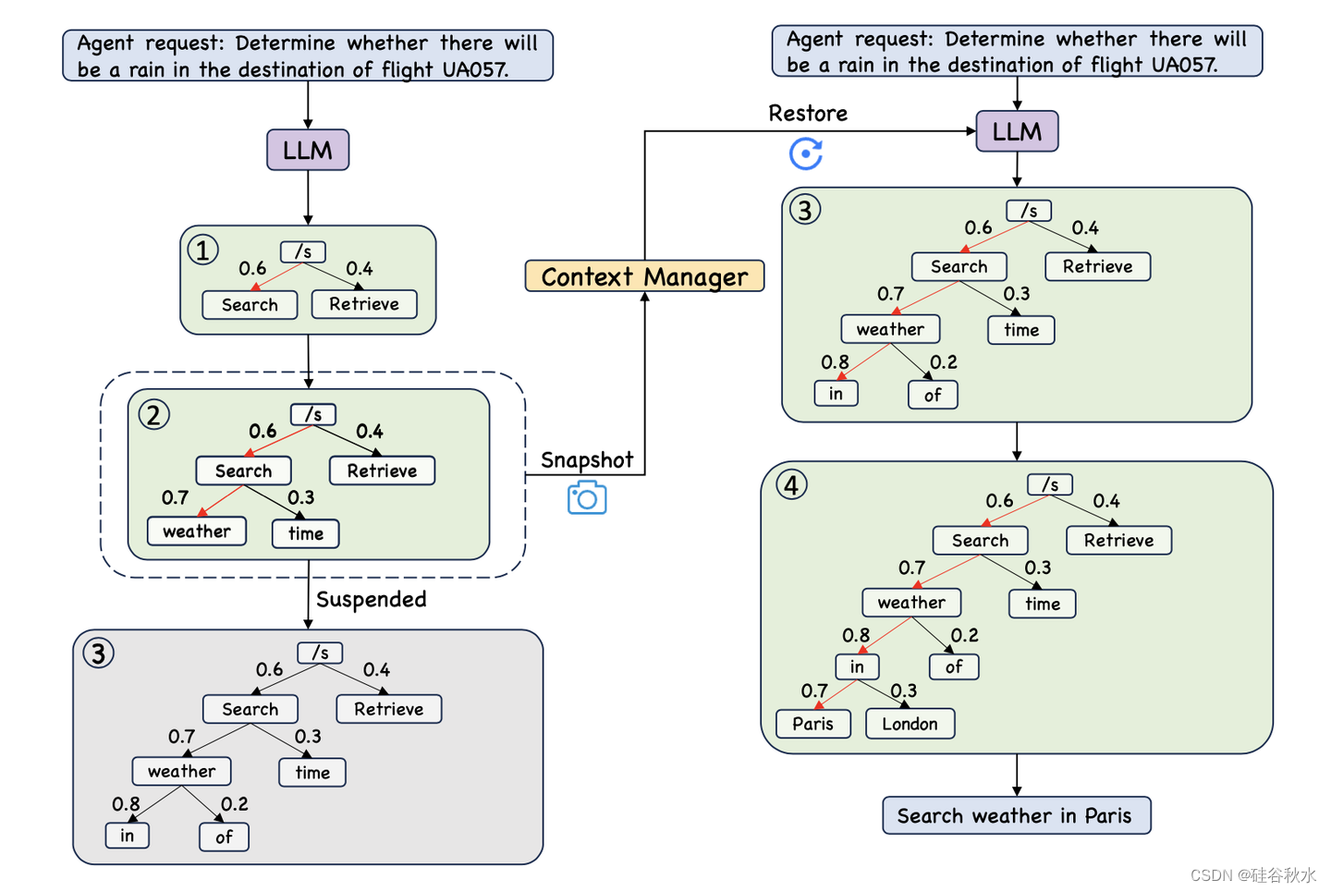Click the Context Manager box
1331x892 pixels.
[x=644, y=276]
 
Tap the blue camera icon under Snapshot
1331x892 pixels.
[x=587, y=498]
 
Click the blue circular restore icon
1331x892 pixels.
[x=806, y=153]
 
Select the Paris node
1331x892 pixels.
[x=812, y=724]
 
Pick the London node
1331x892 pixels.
[x=910, y=724]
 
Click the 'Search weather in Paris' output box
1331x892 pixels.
[x=1016, y=815]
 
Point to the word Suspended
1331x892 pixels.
[x=372, y=599]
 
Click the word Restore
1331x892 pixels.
[x=808, y=114]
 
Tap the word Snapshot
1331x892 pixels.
[x=587, y=460]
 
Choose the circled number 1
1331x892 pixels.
[x=203, y=250]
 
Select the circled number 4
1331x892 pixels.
[x=791, y=484]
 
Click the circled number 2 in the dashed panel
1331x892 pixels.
[x=154, y=414]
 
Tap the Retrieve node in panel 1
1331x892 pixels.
[x=364, y=304]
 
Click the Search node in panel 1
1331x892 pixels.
[x=250, y=305]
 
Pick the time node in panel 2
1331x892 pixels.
[x=306, y=533]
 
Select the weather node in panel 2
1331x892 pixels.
[x=197, y=532]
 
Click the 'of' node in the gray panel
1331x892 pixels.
[x=224, y=837]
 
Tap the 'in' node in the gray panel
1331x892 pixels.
[x=128, y=836]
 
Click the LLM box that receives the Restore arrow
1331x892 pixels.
[x=1017, y=131]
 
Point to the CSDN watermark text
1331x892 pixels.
[x=1252, y=874]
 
